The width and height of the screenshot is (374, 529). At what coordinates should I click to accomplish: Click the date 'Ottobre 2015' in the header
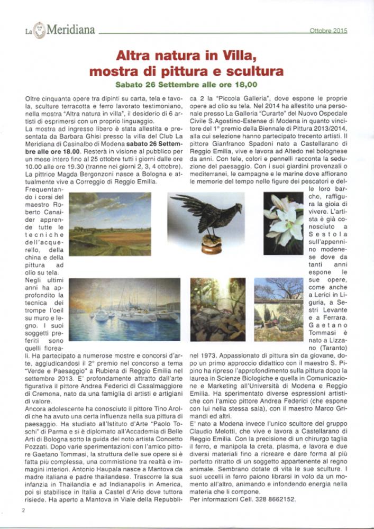[328, 31]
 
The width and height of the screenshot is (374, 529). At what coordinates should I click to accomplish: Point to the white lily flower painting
[284, 223]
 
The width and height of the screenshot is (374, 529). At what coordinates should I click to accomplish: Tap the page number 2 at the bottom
[24, 510]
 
